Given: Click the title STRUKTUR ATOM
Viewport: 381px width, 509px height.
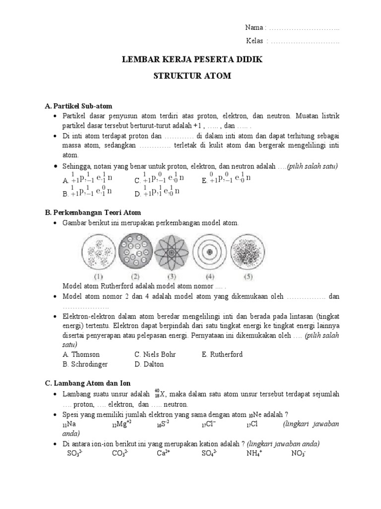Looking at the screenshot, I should coord(191,77).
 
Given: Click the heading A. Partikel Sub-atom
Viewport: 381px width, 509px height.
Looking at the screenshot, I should coord(79,106).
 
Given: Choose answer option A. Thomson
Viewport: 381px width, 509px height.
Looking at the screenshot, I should coord(81,354).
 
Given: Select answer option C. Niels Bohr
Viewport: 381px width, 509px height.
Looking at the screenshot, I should coord(155,354).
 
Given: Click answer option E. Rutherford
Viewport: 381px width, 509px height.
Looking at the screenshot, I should coord(222,354).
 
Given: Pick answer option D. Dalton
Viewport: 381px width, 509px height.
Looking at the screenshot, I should coord(149,364).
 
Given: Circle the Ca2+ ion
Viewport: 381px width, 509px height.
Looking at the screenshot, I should coord(164,453).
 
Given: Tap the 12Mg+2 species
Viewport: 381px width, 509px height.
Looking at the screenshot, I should coord(122,424).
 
